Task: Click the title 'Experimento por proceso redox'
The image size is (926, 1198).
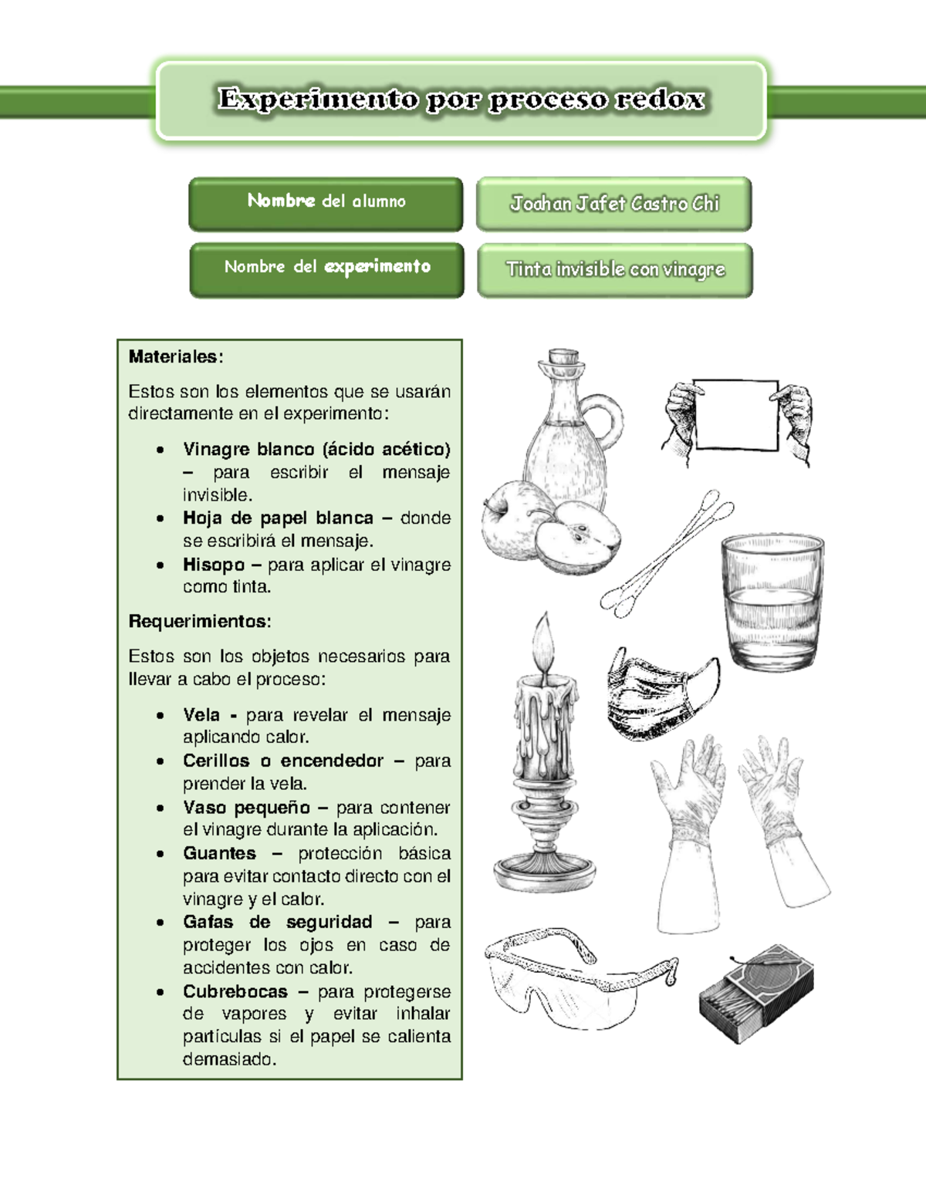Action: (x=461, y=100)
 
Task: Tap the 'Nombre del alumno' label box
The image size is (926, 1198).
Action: (x=326, y=203)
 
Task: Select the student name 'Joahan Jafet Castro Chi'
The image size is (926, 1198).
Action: (x=614, y=204)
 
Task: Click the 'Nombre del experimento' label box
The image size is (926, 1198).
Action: (x=327, y=268)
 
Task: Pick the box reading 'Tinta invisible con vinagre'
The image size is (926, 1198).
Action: (x=615, y=269)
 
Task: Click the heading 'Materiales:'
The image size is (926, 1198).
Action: (x=176, y=356)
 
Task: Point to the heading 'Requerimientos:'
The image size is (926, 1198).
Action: (x=200, y=621)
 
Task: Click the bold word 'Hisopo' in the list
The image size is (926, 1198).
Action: (x=214, y=565)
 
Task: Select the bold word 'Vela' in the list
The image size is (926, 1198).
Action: (x=201, y=715)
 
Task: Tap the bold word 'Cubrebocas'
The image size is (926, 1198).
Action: (x=235, y=991)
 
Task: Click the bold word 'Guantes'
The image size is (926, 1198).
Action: (x=219, y=853)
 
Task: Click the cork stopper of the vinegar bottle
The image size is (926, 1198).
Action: (x=563, y=358)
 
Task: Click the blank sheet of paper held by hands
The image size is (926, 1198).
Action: (x=736, y=414)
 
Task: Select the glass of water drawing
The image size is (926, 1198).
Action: (x=772, y=602)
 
